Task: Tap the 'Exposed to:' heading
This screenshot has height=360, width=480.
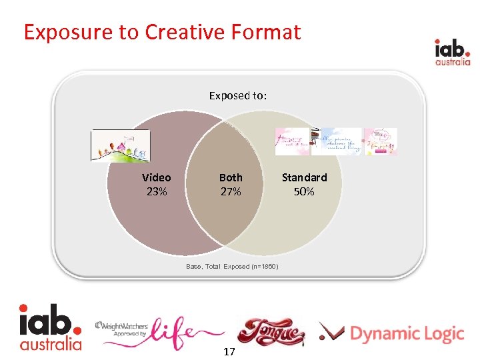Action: [238, 95]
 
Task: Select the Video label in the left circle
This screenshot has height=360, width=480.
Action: [156, 177]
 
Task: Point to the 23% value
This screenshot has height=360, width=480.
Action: [156, 191]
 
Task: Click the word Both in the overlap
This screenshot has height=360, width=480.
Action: [231, 177]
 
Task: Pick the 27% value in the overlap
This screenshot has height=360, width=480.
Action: [231, 191]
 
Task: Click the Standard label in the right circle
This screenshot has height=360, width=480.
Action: [304, 177]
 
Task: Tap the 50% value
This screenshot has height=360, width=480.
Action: [304, 191]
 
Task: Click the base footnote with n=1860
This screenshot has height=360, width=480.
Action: [232, 267]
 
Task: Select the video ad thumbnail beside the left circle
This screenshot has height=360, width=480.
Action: [121, 146]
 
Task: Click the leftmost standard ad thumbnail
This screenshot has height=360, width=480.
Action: [293, 141]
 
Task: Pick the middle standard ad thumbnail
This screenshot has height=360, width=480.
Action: [337, 141]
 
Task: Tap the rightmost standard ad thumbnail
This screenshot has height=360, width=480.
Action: [381, 141]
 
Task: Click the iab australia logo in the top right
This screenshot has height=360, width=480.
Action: [453, 52]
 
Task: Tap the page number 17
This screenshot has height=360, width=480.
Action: [229, 351]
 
